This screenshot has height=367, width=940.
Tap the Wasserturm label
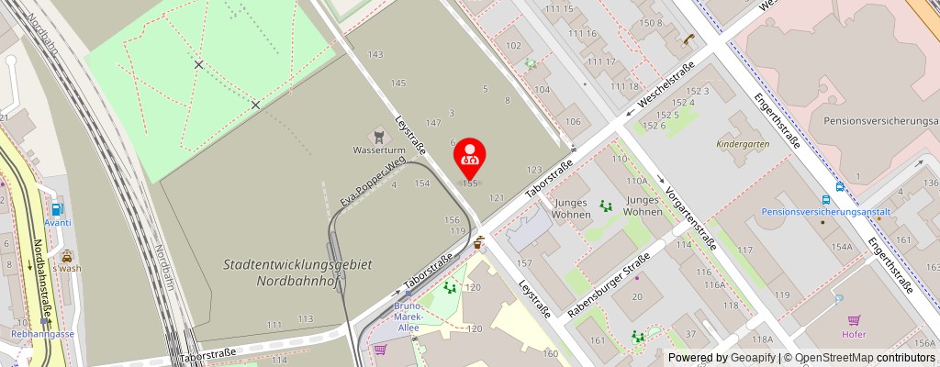click(x=379, y=150)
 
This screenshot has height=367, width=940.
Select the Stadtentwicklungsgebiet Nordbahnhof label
click(x=297, y=272)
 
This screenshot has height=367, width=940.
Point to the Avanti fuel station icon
click(x=58, y=209)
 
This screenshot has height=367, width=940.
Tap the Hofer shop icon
click(x=856, y=320)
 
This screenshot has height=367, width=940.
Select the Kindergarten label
click(x=744, y=144)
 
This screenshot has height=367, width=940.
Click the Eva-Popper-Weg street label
click(x=373, y=182)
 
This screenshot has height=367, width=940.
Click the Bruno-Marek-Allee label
click(x=407, y=316)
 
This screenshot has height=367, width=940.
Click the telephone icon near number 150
click(x=688, y=39)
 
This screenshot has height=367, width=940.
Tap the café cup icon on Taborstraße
click(x=478, y=243)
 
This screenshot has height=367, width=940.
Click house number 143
click(x=375, y=55)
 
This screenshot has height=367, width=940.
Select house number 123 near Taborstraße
click(x=534, y=170)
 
